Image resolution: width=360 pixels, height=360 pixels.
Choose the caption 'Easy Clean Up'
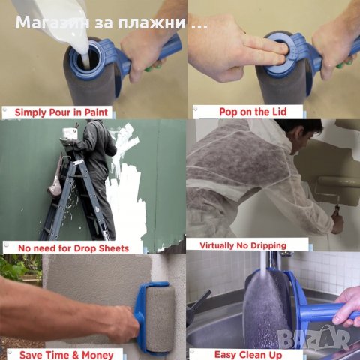tap(247, 354)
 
